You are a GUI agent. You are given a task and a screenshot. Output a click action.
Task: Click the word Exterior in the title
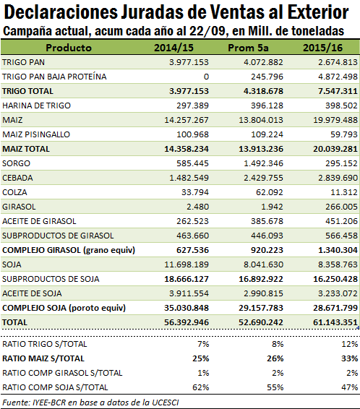[318, 12]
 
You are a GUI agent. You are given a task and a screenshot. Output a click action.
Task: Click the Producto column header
[69, 48]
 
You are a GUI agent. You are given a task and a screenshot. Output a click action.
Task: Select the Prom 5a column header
[248, 48]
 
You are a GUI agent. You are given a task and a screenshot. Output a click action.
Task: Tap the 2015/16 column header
[322, 48]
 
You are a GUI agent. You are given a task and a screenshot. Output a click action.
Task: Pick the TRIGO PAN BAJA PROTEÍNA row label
[54, 77]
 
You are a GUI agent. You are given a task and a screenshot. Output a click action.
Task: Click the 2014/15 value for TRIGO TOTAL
[189, 91]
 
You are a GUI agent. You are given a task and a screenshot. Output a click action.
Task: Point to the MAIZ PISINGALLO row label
[36, 134]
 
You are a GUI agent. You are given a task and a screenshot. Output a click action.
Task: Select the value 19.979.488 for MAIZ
[335, 120]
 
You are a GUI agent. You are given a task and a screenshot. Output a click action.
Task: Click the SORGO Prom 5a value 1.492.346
[263, 163]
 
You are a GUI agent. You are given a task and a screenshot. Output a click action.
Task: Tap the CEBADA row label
[17, 178]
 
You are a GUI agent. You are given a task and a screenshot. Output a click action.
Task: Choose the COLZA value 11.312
[344, 192]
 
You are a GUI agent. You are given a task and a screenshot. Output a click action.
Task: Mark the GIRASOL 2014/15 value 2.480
[197, 207]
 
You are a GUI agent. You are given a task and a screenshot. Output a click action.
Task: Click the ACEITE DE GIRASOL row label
[39, 221]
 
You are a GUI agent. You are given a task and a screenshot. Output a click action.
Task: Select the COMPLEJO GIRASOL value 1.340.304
[338, 250]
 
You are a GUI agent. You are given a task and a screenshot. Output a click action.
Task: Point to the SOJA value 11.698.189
[187, 264]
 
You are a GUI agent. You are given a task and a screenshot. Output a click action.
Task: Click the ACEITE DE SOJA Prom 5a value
[263, 293]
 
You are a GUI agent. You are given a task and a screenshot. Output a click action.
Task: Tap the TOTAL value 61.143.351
[335, 322]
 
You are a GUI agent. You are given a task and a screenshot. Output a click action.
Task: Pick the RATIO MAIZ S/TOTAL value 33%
[349, 358]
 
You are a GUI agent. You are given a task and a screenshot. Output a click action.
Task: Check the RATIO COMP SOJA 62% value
[201, 387]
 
